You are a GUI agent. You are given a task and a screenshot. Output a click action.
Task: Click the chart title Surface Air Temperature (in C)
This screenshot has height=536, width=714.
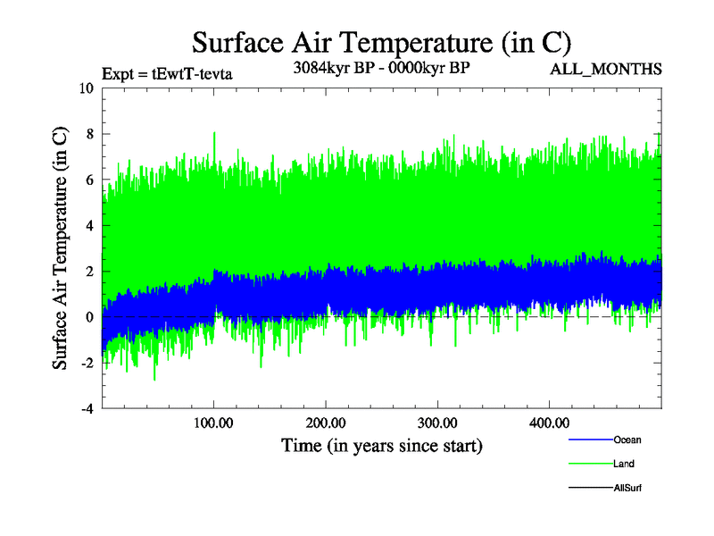(381, 42)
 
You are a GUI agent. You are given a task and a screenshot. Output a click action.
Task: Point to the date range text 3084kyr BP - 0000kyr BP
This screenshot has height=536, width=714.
(381, 67)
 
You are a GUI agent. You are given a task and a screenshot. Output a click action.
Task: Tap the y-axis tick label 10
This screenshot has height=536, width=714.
(86, 88)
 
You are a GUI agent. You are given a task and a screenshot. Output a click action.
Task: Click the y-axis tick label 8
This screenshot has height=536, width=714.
(89, 134)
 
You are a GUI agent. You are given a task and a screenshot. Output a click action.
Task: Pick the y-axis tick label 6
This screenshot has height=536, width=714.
(89, 180)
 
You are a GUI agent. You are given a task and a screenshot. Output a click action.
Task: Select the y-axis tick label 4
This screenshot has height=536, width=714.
(89, 226)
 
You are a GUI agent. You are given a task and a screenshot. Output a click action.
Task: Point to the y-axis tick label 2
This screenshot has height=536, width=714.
(89, 272)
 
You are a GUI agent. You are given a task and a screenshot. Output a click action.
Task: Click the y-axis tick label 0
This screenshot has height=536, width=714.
(89, 317)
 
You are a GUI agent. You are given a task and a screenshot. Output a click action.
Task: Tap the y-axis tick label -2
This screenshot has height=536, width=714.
(87, 364)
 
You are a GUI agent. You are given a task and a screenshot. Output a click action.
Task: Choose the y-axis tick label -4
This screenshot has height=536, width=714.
(87, 409)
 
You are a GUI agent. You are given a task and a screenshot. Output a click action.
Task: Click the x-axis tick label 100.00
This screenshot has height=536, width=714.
(213, 423)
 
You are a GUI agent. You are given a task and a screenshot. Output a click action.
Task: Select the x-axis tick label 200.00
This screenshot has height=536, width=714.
(326, 423)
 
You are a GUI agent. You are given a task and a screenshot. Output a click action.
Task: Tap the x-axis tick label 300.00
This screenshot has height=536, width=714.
(437, 423)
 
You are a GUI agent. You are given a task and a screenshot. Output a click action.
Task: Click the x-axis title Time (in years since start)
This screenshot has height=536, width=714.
(381, 445)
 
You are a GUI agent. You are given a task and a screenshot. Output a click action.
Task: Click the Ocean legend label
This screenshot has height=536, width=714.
(627, 440)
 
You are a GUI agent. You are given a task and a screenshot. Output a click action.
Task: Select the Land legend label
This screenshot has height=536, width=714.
(624, 464)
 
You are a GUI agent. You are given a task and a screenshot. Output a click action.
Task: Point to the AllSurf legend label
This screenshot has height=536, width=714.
(627, 488)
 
